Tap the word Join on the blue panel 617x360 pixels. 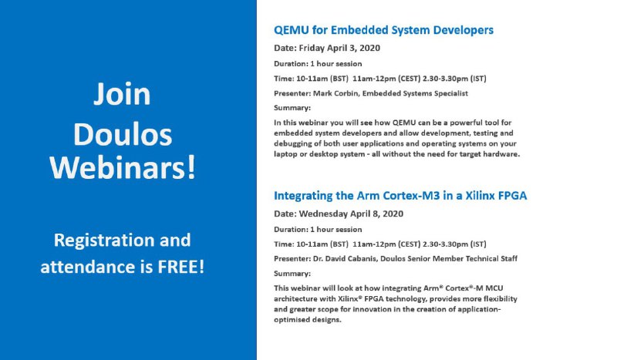click(x=122, y=94)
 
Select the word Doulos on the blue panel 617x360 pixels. click(x=123, y=135)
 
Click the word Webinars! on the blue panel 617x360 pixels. click(x=123, y=167)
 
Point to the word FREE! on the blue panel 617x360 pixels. click(x=181, y=267)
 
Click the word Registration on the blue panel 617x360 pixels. click(x=104, y=241)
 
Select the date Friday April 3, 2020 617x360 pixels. click(x=339, y=48)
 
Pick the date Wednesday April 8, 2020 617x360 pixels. click(x=351, y=214)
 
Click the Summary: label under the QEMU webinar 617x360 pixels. click(x=292, y=108)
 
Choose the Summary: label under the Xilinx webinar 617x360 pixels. click(x=292, y=274)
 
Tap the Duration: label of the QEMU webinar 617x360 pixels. click(x=292, y=64)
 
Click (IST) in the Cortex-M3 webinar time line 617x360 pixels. click(x=478, y=244)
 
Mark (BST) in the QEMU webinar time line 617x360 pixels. click(x=339, y=79)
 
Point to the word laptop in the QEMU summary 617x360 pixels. click(x=285, y=154)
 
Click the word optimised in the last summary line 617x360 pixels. click(x=292, y=320)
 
